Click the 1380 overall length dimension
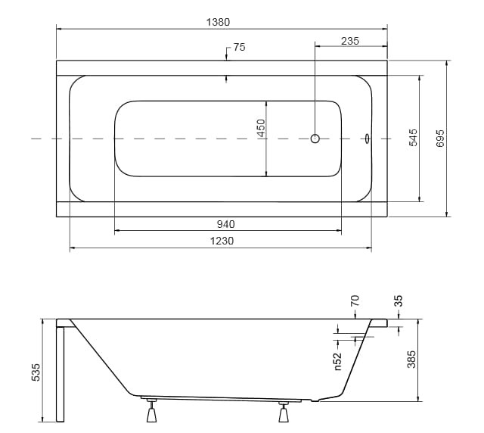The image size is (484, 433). click(x=218, y=22)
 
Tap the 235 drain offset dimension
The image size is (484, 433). click(x=350, y=41)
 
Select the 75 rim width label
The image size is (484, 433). click(x=239, y=47)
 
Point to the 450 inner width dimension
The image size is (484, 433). click(x=261, y=128)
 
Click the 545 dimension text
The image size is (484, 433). click(x=413, y=138)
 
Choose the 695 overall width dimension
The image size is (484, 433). click(x=440, y=139)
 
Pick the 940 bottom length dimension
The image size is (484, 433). click(x=225, y=224)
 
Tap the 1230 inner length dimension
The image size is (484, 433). click(x=222, y=241)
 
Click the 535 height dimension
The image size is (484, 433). click(x=36, y=372)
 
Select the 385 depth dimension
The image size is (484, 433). click(x=411, y=359)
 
